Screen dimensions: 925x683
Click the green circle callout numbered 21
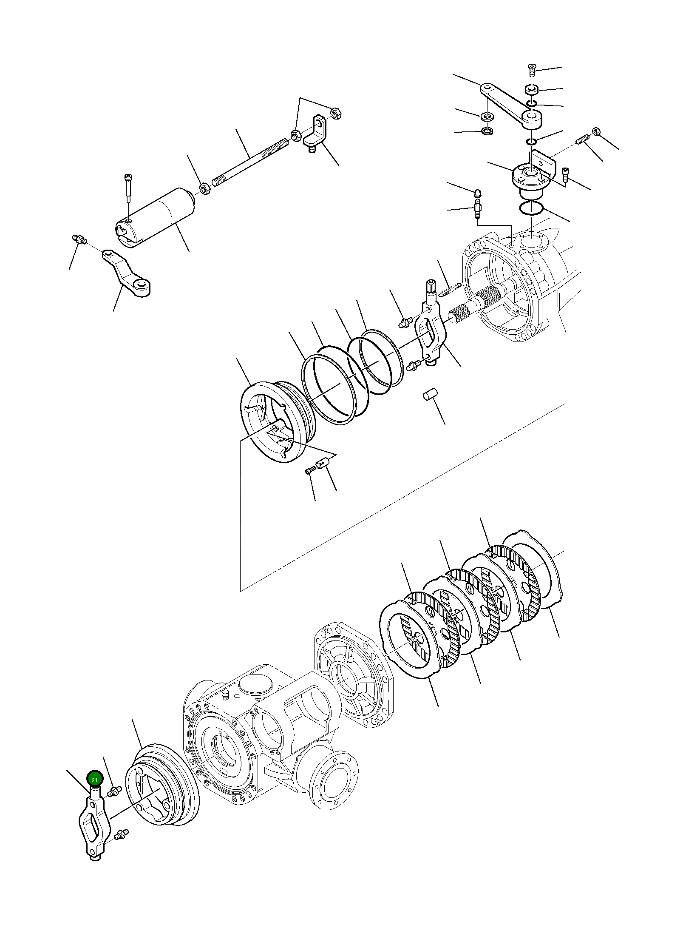click(94, 779)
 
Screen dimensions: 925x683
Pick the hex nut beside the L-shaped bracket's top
click(335, 114)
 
